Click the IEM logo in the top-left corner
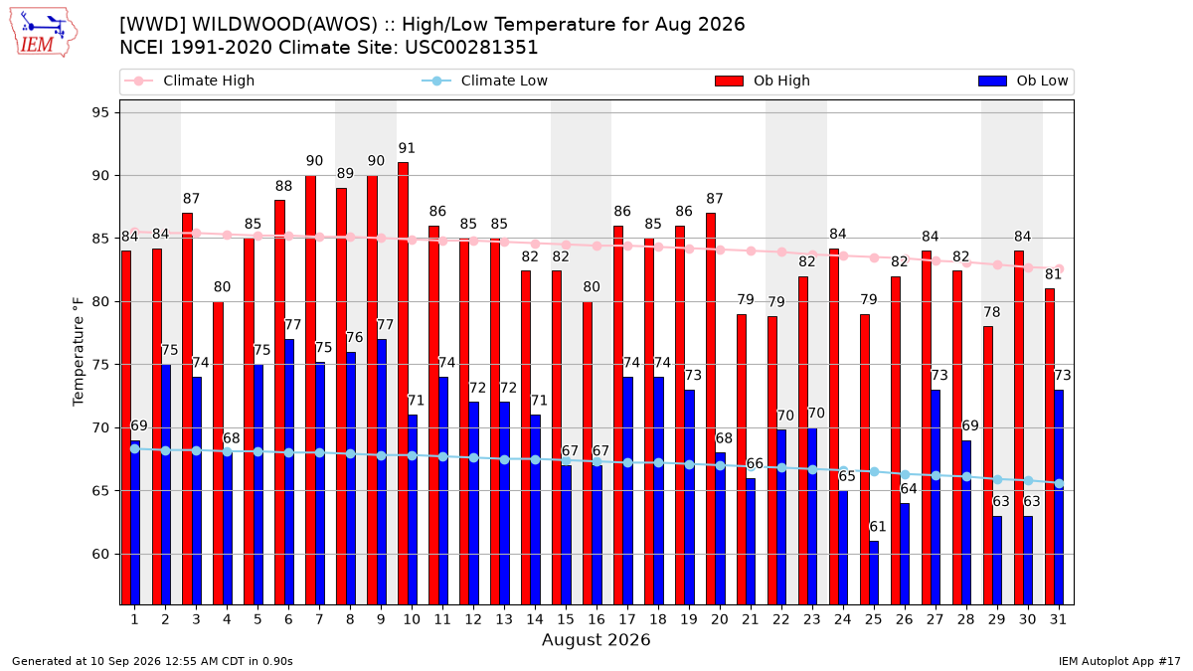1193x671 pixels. tap(43, 33)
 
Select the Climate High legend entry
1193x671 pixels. tap(189, 81)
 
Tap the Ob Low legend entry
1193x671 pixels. tap(1023, 81)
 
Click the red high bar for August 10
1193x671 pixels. tap(404, 384)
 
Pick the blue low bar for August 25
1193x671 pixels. tap(874, 573)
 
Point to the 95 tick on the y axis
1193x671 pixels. tap(100, 113)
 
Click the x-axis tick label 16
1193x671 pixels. tap(596, 620)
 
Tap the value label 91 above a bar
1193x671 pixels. tap(407, 148)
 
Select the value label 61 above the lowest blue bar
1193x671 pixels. tap(878, 527)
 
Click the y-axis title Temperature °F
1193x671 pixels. tap(79, 352)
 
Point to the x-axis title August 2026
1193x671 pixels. tap(596, 639)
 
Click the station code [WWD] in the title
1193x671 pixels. tap(153, 25)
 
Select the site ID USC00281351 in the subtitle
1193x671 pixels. tap(471, 48)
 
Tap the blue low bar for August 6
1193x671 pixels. tap(289, 472)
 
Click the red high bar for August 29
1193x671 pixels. tap(988, 465)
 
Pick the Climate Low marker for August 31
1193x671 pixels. tap(1060, 483)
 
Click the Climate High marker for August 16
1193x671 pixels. tap(597, 247)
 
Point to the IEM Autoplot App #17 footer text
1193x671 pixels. tap(1119, 661)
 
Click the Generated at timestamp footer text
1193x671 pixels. tap(152, 661)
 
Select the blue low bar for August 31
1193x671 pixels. tap(1059, 497)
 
